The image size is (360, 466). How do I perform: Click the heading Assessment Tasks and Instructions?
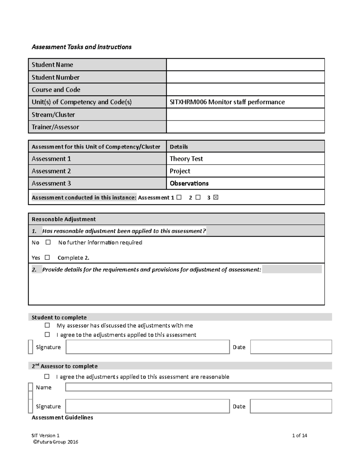point(81,47)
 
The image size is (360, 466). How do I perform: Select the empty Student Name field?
point(245,65)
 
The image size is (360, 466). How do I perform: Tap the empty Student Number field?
point(245,77)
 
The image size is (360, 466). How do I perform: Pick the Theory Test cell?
point(186,159)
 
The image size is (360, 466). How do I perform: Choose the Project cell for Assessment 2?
point(180,171)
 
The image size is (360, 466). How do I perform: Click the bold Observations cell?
point(189,183)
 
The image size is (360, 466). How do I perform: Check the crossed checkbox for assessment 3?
point(216,197)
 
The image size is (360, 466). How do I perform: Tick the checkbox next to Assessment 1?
point(179,197)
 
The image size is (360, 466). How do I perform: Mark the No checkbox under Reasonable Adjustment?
point(48,242)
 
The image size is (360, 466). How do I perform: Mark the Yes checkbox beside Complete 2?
point(47,257)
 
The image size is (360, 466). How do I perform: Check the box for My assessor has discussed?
point(47,325)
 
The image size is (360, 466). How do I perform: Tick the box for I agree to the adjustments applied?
point(47,334)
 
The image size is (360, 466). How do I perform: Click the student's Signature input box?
point(148,347)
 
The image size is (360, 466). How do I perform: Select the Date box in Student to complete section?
point(291,347)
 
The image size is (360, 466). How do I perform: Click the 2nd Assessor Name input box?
point(198,387)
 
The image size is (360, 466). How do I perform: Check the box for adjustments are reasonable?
point(47,376)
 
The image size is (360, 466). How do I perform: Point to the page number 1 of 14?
point(299,435)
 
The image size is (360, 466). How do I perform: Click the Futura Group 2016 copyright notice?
point(55,442)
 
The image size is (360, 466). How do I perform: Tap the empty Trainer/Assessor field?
point(245,127)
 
